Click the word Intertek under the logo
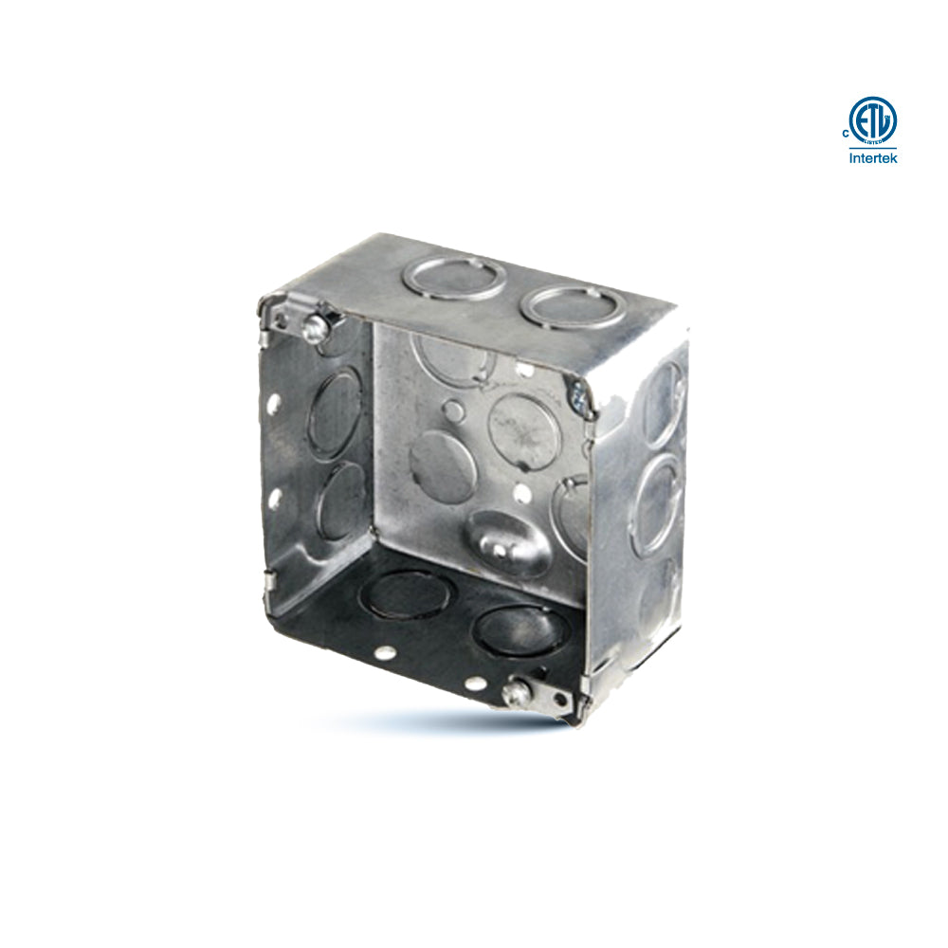872,158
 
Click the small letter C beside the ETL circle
845,134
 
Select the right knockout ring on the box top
574,306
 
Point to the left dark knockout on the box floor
409,596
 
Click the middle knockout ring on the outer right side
657,504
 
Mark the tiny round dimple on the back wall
455,410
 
